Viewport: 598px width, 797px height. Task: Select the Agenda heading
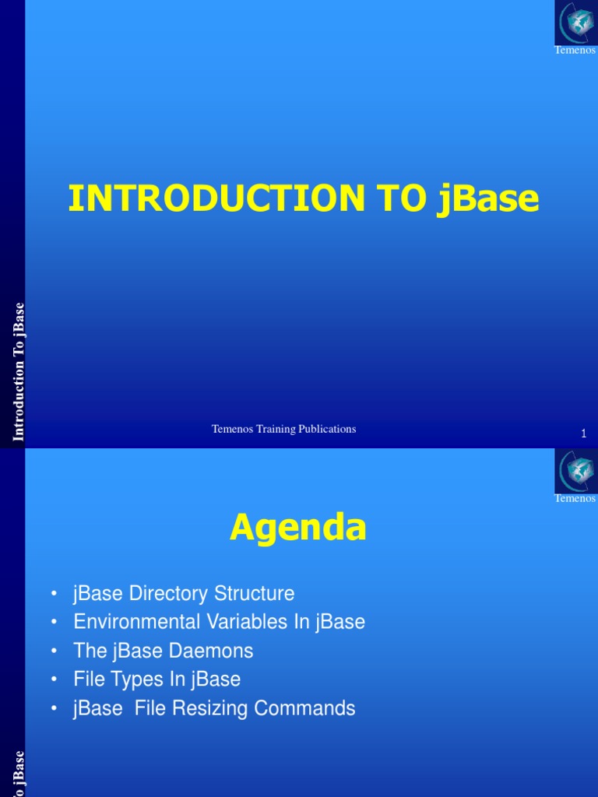point(298,529)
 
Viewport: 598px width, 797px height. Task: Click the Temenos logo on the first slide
point(575,23)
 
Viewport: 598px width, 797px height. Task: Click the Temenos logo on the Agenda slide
point(575,471)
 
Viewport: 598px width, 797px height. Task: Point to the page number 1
point(583,434)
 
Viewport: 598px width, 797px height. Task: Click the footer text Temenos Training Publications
point(284,429)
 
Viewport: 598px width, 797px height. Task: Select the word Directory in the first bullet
point(165,594)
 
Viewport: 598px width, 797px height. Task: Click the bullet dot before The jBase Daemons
point(53,651)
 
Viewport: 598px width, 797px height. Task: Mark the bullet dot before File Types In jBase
point(53,680)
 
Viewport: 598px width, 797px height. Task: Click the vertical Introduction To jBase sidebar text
point(19,372)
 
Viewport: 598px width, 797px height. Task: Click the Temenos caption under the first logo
point(575,51)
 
